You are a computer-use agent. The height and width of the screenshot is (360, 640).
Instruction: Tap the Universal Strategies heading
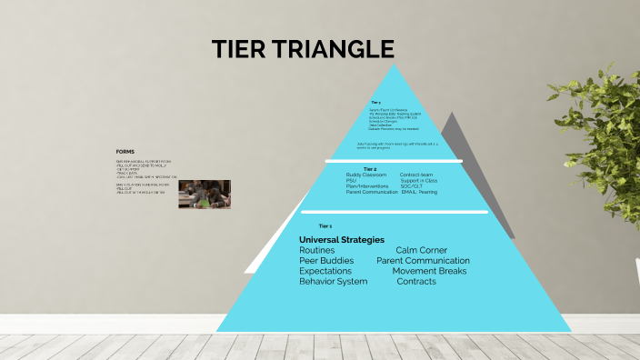342,240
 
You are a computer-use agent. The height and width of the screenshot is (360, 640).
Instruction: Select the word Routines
317,250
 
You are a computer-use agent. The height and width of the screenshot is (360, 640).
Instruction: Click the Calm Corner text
421,250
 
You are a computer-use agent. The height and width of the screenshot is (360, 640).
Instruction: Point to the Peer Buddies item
326,261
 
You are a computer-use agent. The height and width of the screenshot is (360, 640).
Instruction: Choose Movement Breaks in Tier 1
429,271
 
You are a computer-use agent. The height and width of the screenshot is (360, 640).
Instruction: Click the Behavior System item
334,282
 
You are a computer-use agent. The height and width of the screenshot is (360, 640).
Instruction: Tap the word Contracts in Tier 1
416,282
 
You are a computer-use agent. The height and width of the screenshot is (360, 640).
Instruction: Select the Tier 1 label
325,225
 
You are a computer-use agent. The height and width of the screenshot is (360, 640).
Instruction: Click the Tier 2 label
370,169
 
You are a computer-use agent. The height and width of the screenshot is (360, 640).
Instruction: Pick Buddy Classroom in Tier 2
366,175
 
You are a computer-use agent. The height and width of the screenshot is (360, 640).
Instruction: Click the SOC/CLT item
412,186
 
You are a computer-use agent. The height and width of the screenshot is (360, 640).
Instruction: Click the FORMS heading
125,152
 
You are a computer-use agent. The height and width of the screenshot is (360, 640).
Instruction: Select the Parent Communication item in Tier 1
423,261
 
